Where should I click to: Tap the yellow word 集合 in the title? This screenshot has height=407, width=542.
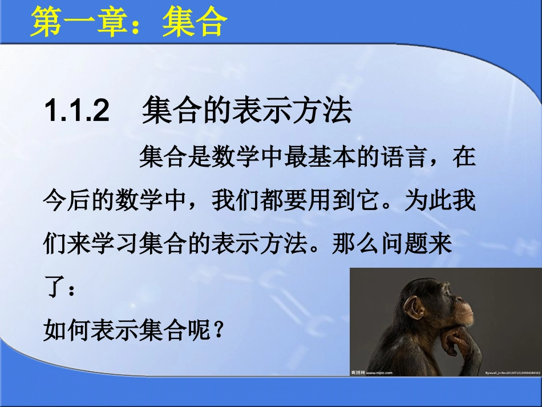[x=194, y=23]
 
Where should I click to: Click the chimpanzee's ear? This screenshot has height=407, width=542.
[x=415, y=308]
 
